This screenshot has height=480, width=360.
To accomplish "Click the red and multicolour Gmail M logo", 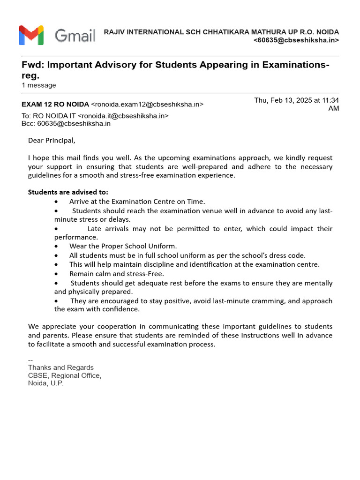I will tap(31, 36).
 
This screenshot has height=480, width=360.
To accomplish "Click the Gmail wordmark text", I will tap(75, 36).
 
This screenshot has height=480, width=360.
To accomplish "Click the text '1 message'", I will tap(39, 85).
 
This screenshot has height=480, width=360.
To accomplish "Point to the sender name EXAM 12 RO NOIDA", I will tap(55, 104).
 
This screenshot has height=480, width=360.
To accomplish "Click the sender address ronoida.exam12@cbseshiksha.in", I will tap(147, 104).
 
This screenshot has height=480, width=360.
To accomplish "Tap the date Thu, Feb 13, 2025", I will tap(284, 100).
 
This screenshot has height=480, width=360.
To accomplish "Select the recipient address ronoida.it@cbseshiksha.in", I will tap(123, 116).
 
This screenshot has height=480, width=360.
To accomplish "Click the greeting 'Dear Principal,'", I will tap(52, 140).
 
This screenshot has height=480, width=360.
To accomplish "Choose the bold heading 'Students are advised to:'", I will tap(68, 192).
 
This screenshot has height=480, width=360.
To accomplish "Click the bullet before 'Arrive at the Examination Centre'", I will tap(57, 202).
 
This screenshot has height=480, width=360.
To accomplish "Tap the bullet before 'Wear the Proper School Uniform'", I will tap(57, 246).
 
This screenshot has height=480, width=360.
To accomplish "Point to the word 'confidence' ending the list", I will tap(123, 309).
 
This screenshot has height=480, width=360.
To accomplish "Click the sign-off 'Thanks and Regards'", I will tap(61, 367).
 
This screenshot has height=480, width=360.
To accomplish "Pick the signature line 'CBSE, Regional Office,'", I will tap(65, 375).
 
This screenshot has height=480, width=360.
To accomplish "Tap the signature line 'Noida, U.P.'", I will tap(45, 383).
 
